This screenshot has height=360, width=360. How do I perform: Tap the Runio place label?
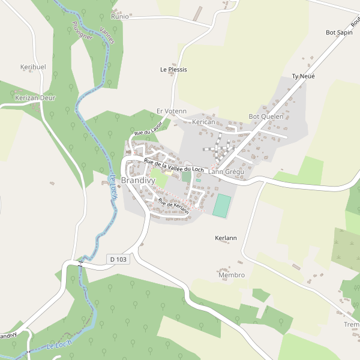click(120, 17)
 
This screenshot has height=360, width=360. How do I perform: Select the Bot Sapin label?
click(338, 32)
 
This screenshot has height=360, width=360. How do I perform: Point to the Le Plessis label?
click(173, 70)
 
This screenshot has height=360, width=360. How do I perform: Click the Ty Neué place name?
click(303, 76)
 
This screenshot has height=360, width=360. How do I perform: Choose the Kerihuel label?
click(33, 67)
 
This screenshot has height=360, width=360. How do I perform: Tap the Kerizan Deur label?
click(35, 97)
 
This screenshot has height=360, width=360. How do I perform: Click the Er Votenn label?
click(172, 112)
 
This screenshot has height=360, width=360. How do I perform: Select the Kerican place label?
click(203, 122)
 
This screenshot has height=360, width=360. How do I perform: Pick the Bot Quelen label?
click(266, 116)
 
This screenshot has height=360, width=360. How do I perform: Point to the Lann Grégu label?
click(226, 172)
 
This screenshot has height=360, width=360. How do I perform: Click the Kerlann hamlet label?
click(226, 238)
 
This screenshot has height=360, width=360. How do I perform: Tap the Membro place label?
click(232, 275)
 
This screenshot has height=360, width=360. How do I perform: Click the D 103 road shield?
click(118, 259)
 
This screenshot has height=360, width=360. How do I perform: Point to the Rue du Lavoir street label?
click(148, 128)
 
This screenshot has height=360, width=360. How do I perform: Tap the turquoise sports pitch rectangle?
click(221, 205)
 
